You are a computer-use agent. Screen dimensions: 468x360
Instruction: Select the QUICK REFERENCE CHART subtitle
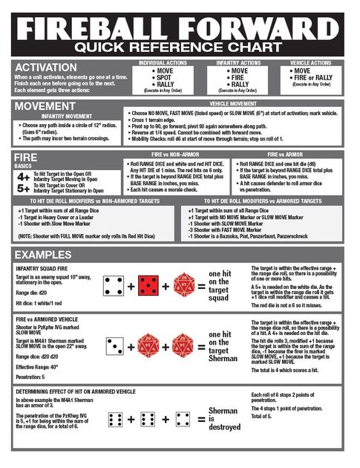click(180, 48)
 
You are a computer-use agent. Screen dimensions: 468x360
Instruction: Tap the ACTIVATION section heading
click(45, 68)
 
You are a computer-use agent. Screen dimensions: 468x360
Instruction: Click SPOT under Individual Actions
click(163, 77)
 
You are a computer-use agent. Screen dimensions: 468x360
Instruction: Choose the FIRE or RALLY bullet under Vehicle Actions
click(311, 77)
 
